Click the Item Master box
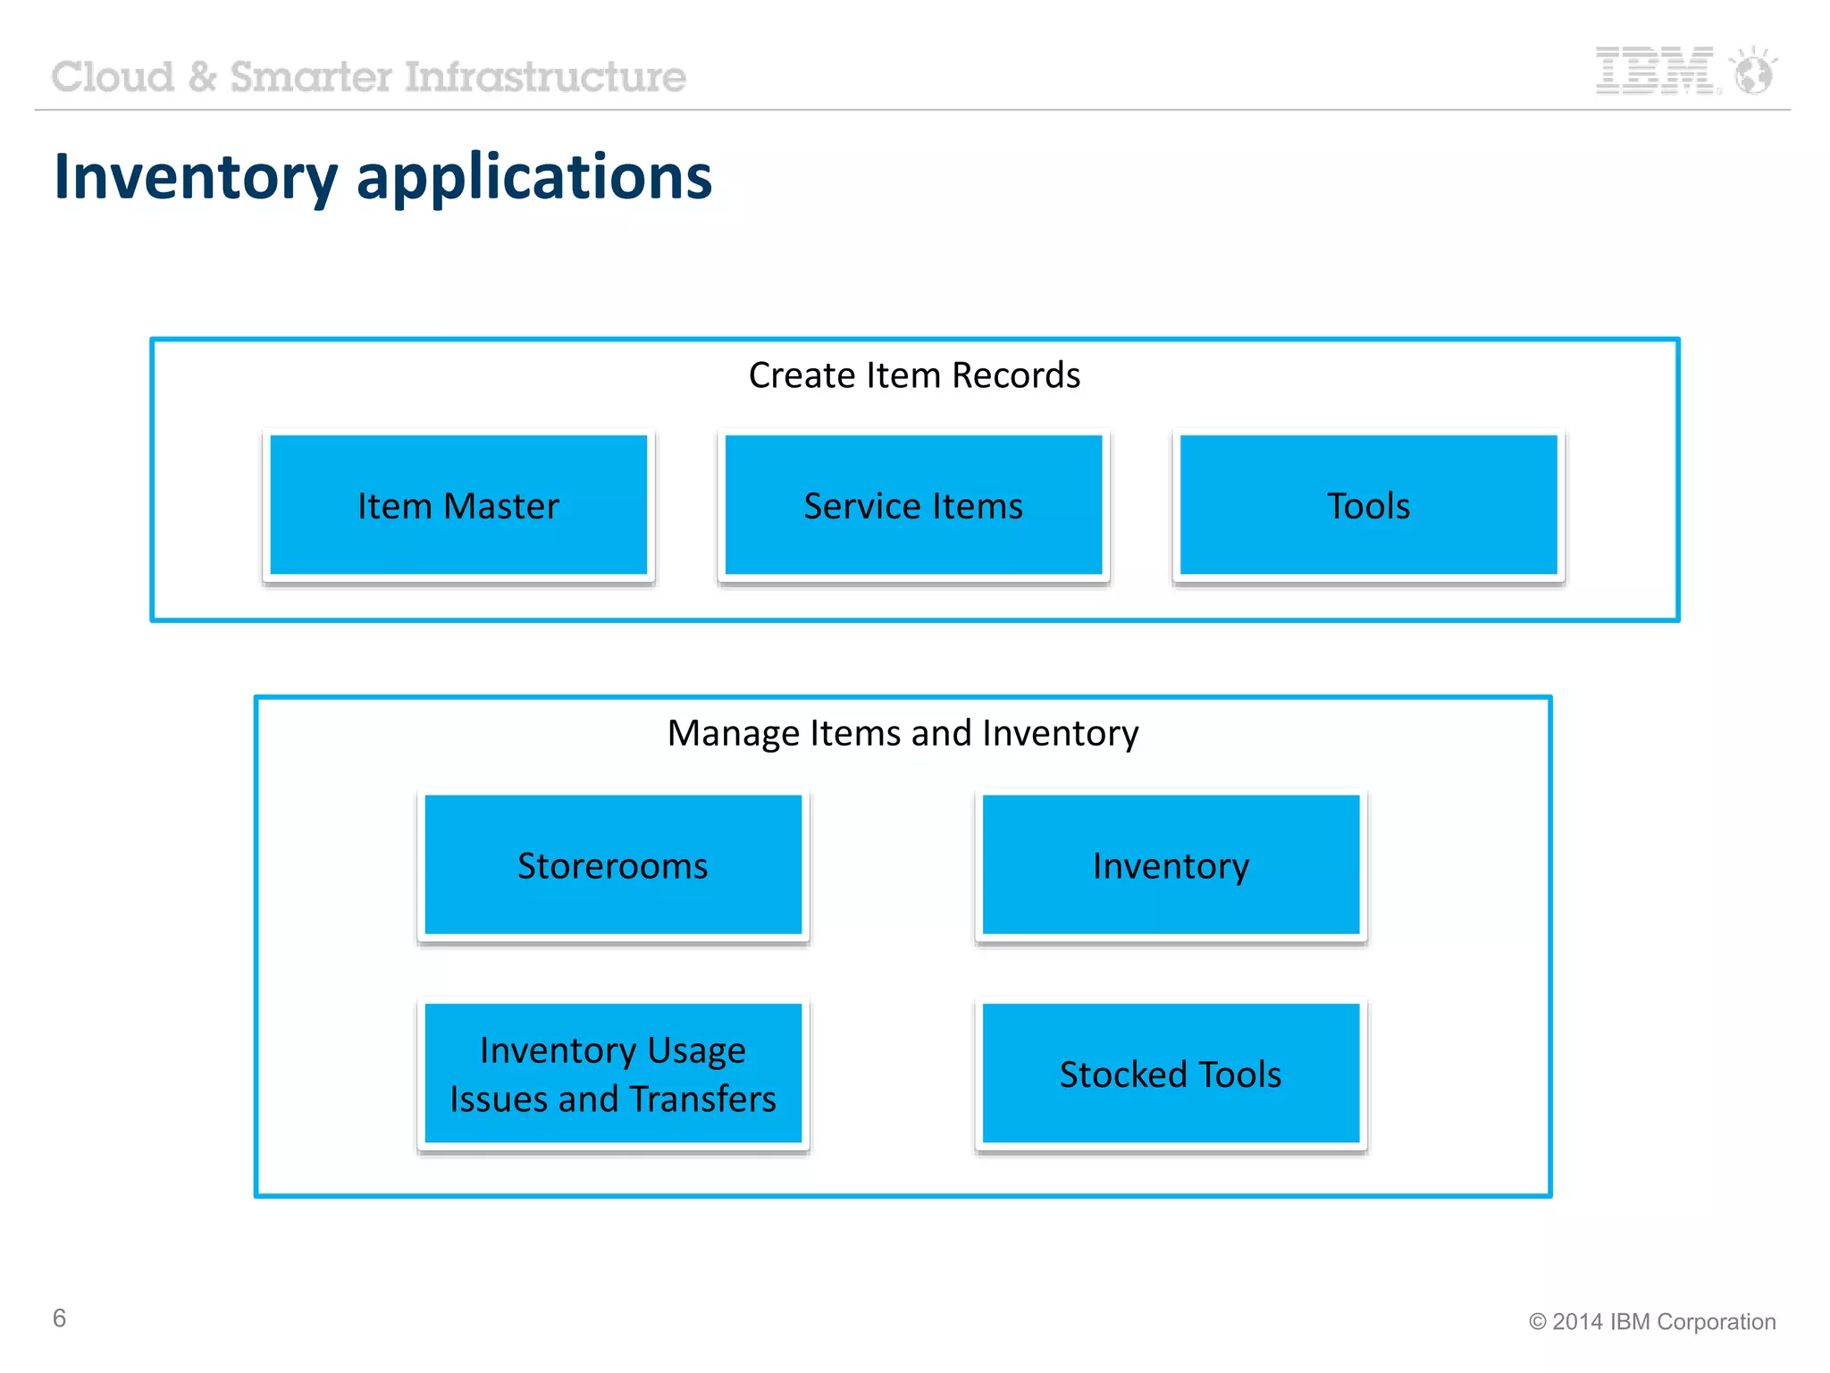coord(458,505)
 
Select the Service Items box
coord(913,505)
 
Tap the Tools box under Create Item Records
coord(1368,505)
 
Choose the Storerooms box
coord(613,865)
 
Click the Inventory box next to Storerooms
coord(1171,865)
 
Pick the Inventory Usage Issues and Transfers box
coord(613,1074)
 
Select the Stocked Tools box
coord(1171,1074)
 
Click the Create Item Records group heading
coord(914,375)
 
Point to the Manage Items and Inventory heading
coord(902,733)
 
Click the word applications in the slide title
coord(534,177)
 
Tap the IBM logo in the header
coord(1655,71)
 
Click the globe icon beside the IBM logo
coord(1753,72)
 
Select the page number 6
coord(60,1318)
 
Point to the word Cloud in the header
coord(113,77)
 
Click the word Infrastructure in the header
coord(546,77)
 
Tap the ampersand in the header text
coord(203,77)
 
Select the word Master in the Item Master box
coord(501,506)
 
